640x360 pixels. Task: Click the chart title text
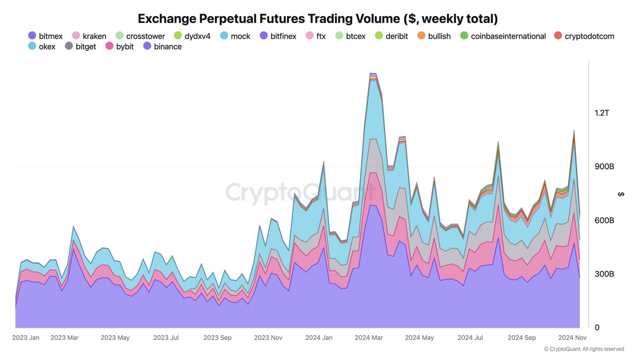click(x=317, y=19)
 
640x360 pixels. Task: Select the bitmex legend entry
click(x=45, y=36)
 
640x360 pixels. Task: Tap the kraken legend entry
click(x=89, y=36)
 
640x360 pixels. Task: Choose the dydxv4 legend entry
click(x=192, y=36)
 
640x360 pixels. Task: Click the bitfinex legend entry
click(x=278, y=36)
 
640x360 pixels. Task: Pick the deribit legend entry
click(x=391, y=36)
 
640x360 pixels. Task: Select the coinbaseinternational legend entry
click(x=502, y=36)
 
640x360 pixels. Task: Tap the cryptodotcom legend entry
click(x=583, y=36)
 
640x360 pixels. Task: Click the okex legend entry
click(x=42, y=46)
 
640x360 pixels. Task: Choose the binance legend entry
click(x=162, y=46)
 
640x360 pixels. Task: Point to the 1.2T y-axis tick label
click(x=602, y=113)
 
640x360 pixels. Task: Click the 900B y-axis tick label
click(x=604, y=166)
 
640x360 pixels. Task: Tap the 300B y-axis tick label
click(x=604, y=274)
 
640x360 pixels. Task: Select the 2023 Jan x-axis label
click(x=26, y=337)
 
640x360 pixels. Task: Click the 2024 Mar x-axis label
click(x=369, y=337)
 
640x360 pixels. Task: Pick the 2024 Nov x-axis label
click(x=572, y=337)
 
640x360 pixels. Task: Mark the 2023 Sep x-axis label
click(x=217, y=337)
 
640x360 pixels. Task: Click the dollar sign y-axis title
click(x=621, y=194)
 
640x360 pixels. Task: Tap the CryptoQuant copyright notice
click(x=584, y=349)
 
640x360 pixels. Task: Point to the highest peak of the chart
click(x=372, y=73)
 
